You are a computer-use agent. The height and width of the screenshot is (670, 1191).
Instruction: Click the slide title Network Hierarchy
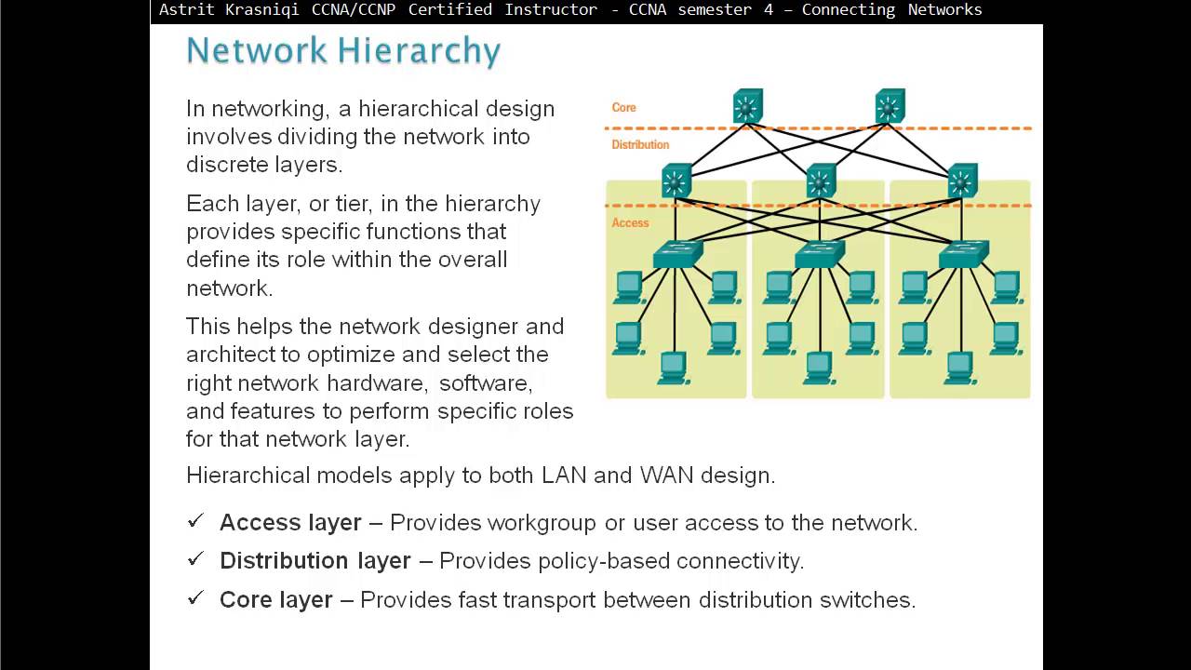point(343,50)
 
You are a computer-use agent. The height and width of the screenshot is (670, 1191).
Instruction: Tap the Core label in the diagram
point(623,108)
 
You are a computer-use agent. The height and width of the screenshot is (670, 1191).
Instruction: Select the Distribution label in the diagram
point(640,145)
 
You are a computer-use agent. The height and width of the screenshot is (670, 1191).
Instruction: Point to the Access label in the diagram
point(630,223)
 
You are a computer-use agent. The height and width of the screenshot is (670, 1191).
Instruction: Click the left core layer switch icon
point(747,106)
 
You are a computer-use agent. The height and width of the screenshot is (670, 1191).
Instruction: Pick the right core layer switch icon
point(890,106)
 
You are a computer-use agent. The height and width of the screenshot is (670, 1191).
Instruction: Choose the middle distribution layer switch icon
point(820,181)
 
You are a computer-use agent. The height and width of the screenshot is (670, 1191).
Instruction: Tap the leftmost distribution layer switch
point(676,181)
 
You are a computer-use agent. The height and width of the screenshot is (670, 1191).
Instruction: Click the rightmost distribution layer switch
point(962,181)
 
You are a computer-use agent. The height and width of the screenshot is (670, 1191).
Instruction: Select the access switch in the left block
point(677,254)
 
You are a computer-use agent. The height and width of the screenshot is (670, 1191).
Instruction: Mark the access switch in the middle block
point(820,254)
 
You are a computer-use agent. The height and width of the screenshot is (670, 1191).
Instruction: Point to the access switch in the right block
point(963,254)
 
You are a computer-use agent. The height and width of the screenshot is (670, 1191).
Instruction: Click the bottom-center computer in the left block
point(673,368)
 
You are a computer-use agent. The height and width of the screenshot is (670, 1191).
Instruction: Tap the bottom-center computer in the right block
point(959,368)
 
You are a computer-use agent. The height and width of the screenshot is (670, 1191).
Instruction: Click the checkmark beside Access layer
point(195,521)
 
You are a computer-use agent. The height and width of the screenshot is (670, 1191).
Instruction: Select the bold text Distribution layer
point(314,561)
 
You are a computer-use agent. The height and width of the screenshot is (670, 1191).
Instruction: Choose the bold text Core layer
point(275,600)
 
